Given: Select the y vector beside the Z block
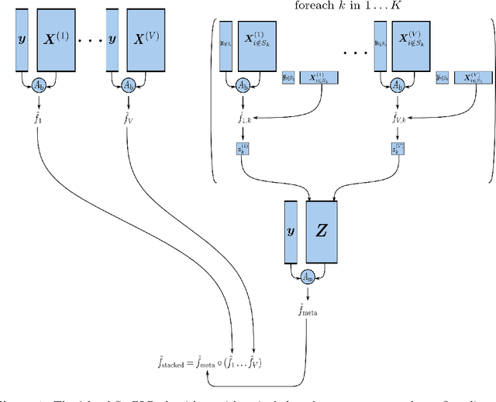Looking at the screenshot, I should tap(291, 231).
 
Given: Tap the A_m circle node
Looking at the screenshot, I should tap(308, 276).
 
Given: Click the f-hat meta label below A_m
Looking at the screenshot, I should tap(308, 311).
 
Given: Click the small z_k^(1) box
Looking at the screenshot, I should tap(242, 148).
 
